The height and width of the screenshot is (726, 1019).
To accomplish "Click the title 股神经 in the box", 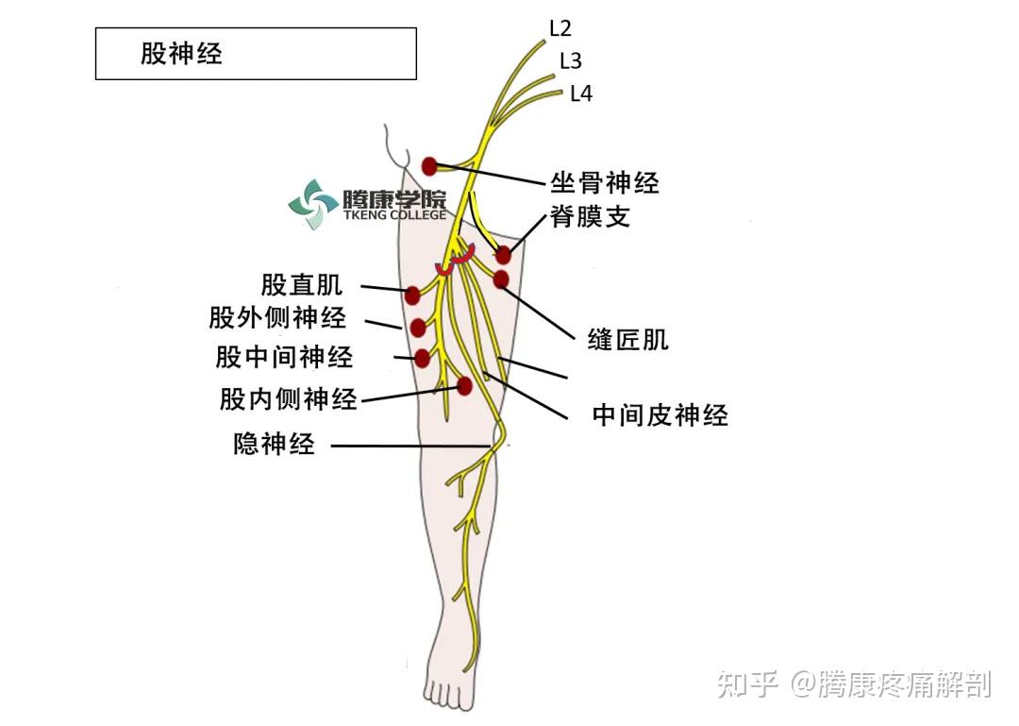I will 181,54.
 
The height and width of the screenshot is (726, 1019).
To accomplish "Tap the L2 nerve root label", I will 560,28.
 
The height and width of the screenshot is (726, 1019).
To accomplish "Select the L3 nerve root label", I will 570,61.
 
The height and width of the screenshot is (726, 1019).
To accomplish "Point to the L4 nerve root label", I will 580,93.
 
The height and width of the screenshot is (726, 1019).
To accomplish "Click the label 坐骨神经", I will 605,182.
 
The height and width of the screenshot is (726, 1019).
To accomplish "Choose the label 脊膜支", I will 591,217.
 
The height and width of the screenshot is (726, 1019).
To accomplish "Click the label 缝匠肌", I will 627,340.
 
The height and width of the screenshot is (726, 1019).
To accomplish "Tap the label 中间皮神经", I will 660,415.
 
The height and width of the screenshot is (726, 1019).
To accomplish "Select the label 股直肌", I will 302,284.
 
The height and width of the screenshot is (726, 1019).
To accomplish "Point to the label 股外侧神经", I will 277,318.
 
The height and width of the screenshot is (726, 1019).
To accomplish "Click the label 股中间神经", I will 284,357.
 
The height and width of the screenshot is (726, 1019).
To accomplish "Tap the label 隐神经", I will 274,444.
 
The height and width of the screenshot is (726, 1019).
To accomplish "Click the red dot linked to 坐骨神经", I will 429,166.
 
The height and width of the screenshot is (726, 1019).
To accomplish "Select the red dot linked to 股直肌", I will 412,295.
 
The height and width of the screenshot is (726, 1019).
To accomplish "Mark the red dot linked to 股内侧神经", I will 464,385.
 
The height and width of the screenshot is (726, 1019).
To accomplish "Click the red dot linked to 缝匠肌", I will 501,279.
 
